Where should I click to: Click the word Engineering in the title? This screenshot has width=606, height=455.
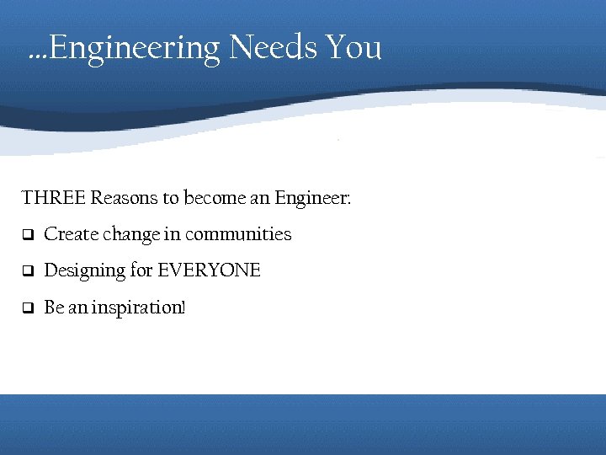[136, 48]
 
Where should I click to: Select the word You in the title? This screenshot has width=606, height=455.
[353, 48]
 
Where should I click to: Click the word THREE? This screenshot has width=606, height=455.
[53, 199]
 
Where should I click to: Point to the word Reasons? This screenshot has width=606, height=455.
[124, 199]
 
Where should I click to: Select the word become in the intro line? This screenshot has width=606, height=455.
[215, 199]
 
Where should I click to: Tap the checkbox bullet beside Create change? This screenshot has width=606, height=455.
[27, 235]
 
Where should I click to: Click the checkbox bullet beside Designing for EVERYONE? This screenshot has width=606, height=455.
[27, 271]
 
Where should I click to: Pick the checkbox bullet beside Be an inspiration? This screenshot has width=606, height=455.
[27, 308]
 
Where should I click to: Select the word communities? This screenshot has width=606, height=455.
[238, 234]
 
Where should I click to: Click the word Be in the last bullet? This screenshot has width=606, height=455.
[53, 308]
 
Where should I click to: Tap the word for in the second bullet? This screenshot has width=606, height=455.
[141, 270]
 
